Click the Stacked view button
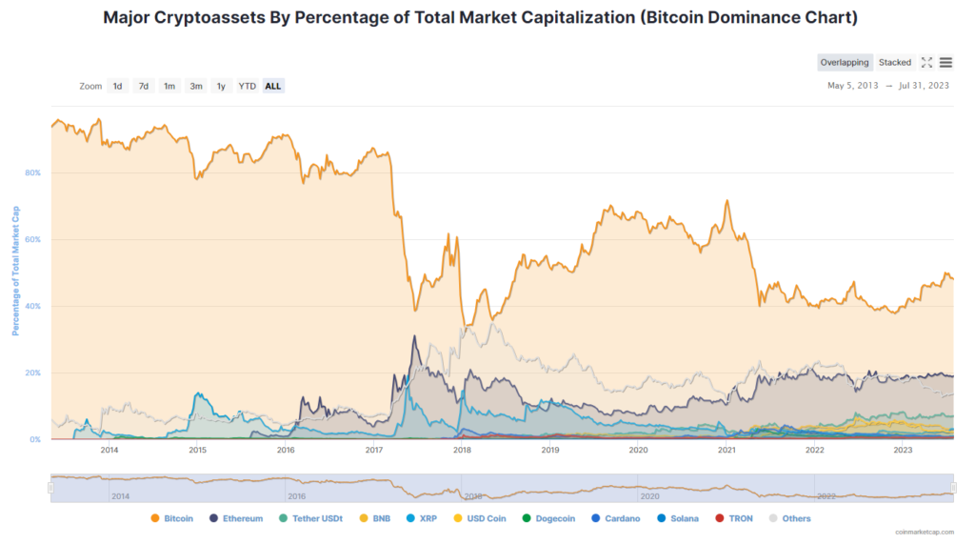click(x=895, y=62)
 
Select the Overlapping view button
click(x=845, y=62)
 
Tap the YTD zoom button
click(x=247, y=86)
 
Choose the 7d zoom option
click(x=144, y=86)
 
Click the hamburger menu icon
click(x=945, y=62)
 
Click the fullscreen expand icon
click(x=926, y=62)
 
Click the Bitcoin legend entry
click(x=171, y=518)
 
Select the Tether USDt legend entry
click(x=310, y=518)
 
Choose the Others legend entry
click(x=789, y=518)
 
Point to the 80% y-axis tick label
click(x=33, y=173)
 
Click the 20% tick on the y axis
click(x=33, y=373)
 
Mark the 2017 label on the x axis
click(x=373, y=450)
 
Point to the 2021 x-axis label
click(x=726, y=450)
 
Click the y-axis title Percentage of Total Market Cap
click(x=15, y=272)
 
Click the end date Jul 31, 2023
click(x=924, y=86)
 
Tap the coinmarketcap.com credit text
click(x=925, y=533)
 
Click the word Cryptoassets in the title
click(x=209, y=17)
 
